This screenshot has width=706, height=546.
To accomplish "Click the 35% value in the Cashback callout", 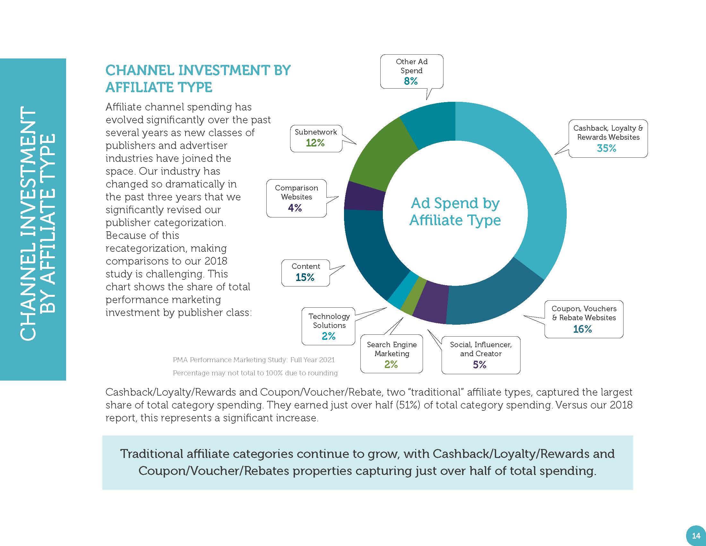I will click(x=607, y=148).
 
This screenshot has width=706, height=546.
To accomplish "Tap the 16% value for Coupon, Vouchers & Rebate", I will click(x=582, y=329).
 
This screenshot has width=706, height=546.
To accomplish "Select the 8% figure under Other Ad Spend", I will click(x=411, y=81).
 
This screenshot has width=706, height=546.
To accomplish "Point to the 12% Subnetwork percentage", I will click(x=315, y=143).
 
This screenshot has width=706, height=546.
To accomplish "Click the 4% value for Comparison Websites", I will click(x=295, y=208).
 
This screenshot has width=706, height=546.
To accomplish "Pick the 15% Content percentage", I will click(x=305, y=277).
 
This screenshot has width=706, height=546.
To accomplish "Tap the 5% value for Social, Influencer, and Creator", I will click(x=480, y=365).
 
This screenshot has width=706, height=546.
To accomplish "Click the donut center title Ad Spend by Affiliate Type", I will click(x=455, y=212).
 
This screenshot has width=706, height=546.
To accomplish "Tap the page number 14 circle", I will click(x=696, y=536).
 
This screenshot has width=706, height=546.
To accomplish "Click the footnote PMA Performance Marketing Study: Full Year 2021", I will click(x=254, y=360).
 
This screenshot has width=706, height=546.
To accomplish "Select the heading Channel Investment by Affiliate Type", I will click(x=198, y=79).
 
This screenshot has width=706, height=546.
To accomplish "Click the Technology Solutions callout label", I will click(x=329, y=321).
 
